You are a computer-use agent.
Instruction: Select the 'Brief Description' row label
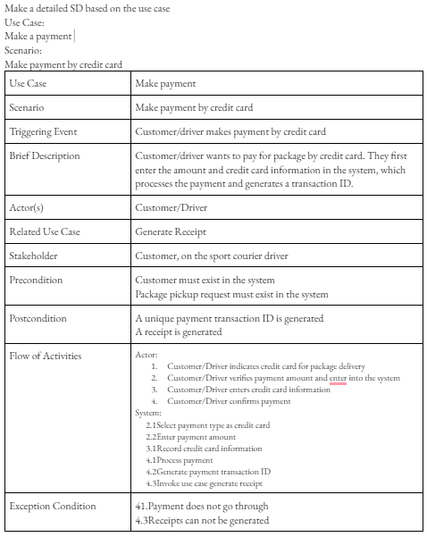[44, 156]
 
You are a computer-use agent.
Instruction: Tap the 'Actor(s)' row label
[29, 208]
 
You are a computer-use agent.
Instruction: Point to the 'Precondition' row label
[36, 281]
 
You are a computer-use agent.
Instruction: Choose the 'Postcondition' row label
[38, 318]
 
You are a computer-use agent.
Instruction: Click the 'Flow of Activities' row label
[45, 356]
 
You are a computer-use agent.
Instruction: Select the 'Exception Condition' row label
[52, 507]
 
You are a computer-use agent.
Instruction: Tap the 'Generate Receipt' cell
[172, 232]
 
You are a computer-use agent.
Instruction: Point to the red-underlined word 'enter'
[337, 378]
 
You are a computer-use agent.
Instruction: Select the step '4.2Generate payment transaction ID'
[207, 472]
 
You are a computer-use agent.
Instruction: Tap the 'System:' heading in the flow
[148, 413]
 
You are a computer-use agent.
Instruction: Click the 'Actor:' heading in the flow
[146, 355]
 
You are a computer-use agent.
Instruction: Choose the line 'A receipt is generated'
[178, 331]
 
